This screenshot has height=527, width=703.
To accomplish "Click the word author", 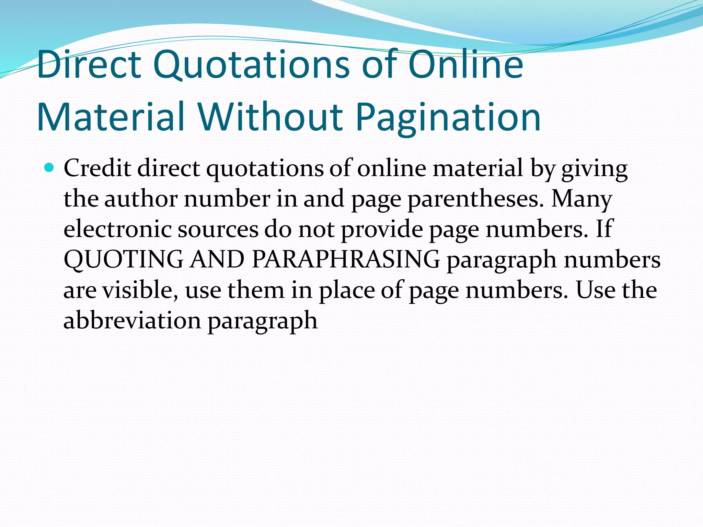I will pos(141,199).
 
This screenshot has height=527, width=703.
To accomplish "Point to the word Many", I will pos(581,199).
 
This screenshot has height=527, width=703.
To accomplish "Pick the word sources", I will pos(218,229).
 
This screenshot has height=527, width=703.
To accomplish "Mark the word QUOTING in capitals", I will pos(124,259).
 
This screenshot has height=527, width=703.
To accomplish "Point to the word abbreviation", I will pos(132,320).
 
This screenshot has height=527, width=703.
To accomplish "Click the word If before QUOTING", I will pos(604,229).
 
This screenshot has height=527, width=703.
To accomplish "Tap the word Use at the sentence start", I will pos(595,290).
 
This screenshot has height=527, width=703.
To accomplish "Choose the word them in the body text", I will pos(256,290).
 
